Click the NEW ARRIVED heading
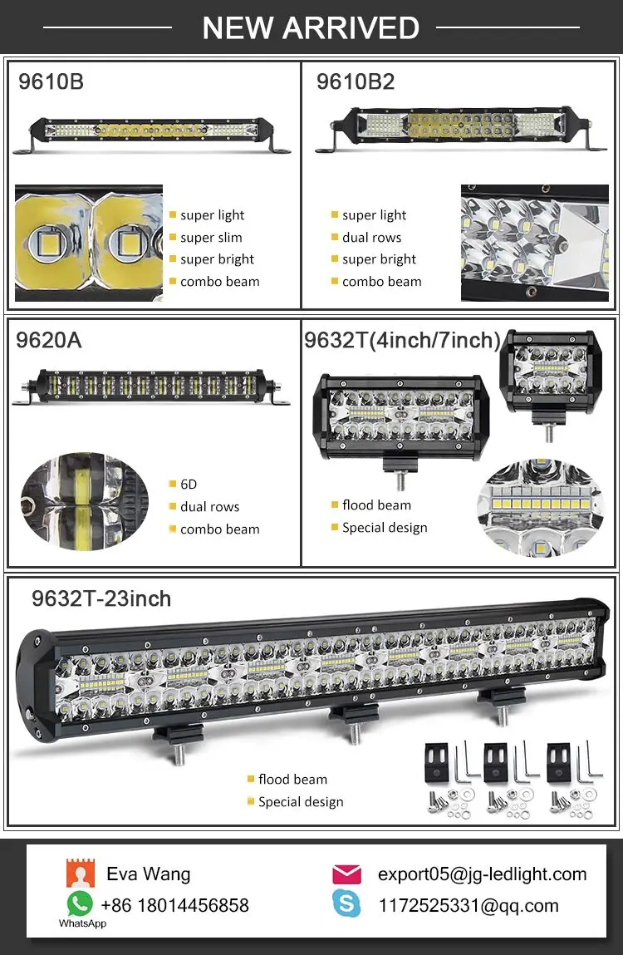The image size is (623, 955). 311,28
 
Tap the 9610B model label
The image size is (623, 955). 51,81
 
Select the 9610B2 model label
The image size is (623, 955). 355,81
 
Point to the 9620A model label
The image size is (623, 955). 49,339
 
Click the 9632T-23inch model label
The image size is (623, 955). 101,598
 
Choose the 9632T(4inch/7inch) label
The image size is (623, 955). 402,340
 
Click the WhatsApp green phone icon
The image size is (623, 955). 80,903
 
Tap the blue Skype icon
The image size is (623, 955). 346,903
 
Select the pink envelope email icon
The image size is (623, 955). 346,874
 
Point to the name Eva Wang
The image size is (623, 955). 149,874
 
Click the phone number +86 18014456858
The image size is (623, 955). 174,905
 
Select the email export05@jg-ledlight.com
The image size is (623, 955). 482,874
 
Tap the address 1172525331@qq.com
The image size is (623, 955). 468,905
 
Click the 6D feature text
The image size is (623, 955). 189,485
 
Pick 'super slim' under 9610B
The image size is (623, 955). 211,238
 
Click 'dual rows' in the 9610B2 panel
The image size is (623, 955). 371,238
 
